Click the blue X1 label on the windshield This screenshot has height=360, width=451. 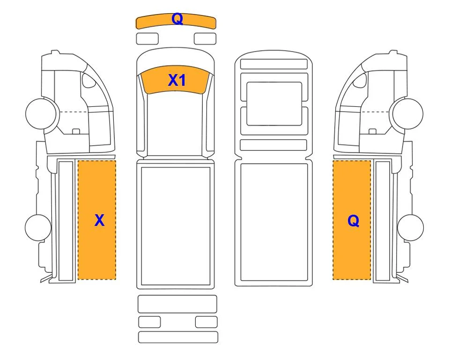pyautogui.click(x=177, y=80)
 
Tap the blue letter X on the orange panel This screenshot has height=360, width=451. pyautogui.click(x=99, y=220)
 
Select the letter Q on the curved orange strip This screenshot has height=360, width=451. pyautogui.click(x=177, y=19)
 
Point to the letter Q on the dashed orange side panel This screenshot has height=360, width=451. pyautogui.click(x=353, y=221)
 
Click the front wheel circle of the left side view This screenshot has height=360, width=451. pyautogui.click(x=41, y=113)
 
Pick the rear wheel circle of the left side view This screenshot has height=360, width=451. pyautogui.click(x=38, y=227)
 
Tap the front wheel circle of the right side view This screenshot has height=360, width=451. pyautogui.click(x=408, y=113)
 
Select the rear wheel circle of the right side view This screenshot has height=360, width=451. pyautogui.click(x=410, y=227)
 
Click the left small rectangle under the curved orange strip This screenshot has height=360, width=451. pyautogui.click(x=147, y=39)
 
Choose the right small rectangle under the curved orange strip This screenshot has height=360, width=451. pyautogui.click(x=205, y=39)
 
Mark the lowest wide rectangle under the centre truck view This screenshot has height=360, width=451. pyautogui.click(x=178, y=337)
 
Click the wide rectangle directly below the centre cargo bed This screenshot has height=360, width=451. pyautogui.click(x=177, y=304)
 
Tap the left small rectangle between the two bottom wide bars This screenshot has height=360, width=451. pyautogui.click(x=149, y=322)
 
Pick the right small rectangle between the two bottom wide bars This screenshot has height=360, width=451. pyautogui.click(x=206, y=322)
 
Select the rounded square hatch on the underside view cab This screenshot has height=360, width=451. pyautogui.click(x=274, y=104)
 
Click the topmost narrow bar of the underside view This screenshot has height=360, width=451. pyautogui.click(x=274, y=64)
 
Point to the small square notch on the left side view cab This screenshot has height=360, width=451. pyautogui.click(x=76, y=132)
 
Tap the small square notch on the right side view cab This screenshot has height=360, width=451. pyautogui.click(x=372, y=132)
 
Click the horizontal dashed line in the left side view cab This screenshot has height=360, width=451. pyautogui.click(x=73, y=112)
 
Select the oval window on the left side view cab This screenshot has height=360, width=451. pyautogui.click(x=88, y=80)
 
